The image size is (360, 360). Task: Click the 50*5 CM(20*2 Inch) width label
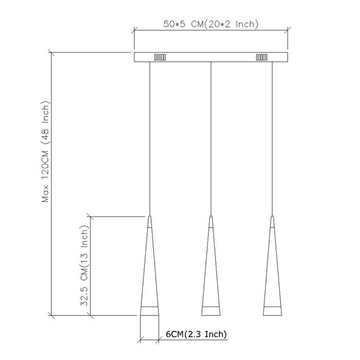(x=211, y=24)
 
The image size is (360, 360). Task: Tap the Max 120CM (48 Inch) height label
(x=45, y=151)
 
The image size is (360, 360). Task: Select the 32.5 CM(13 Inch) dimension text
(x=84, y=266)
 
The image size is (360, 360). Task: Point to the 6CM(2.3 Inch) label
(x=196, y=334)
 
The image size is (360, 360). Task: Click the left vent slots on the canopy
(x=160, y=57)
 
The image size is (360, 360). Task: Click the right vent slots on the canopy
(x=261, y=57)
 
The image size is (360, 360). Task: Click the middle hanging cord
(x=211, y=139)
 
